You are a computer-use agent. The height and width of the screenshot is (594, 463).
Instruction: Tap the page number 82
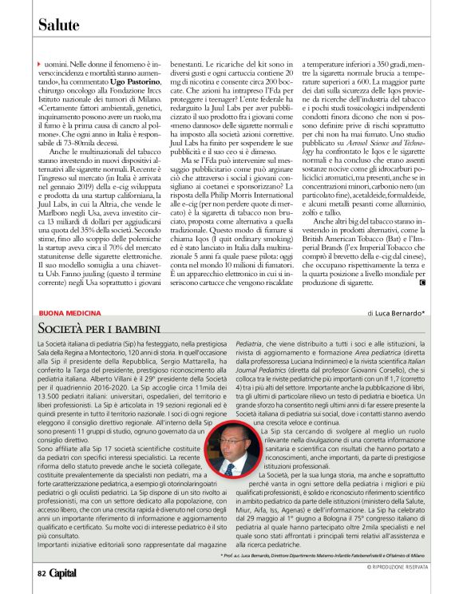coord(41,572)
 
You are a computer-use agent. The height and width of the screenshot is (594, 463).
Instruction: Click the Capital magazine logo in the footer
coord(64,572)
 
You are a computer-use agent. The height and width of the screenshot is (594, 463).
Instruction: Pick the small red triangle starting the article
coord(40,63)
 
